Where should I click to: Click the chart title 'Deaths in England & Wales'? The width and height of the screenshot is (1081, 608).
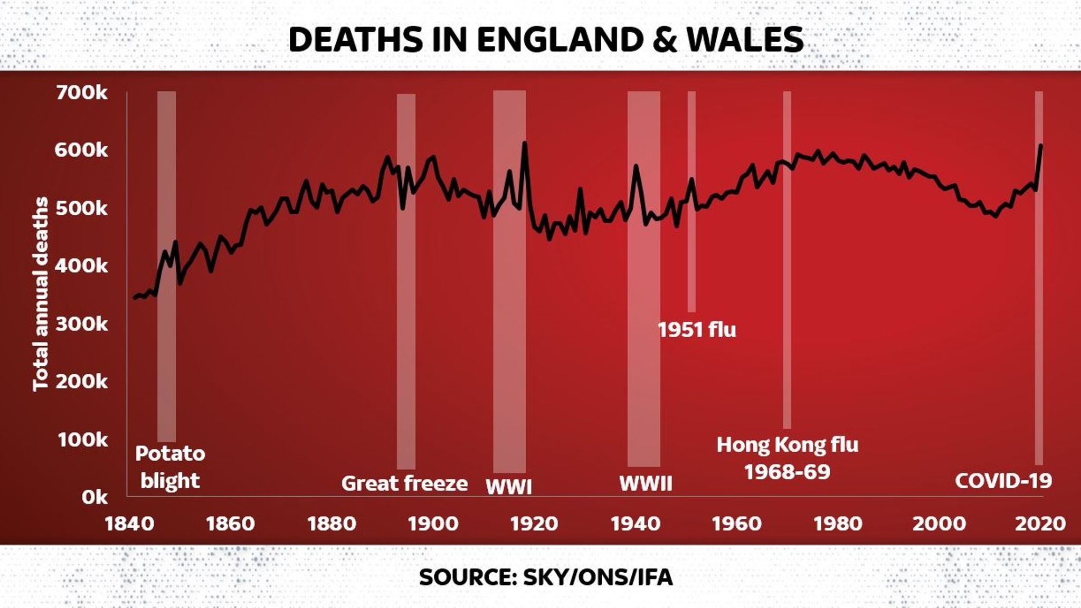click(546, 40)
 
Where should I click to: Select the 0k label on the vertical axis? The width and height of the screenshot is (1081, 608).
click(94, 497)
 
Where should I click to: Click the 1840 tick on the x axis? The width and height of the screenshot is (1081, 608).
click(129, 524)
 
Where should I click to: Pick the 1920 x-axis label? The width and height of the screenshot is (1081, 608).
click(534, 524)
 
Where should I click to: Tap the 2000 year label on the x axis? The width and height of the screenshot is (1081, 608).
click(939, 524)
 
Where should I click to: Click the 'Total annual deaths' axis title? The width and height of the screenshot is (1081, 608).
click(41, 294)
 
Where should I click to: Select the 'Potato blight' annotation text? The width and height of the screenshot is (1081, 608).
click(170, 467)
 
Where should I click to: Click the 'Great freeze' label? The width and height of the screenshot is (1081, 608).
click(404, 483)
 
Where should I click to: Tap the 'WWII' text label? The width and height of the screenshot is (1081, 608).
click(646, 483)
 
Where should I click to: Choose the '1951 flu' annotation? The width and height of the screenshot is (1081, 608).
click(696, 330)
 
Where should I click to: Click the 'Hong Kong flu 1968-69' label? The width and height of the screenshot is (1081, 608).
click(787, 458)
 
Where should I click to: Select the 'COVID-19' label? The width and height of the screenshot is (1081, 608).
click(1003, 481)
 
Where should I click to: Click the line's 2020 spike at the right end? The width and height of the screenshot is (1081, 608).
click(1040, 146)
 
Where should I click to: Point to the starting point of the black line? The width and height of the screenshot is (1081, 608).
click(135, 298)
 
